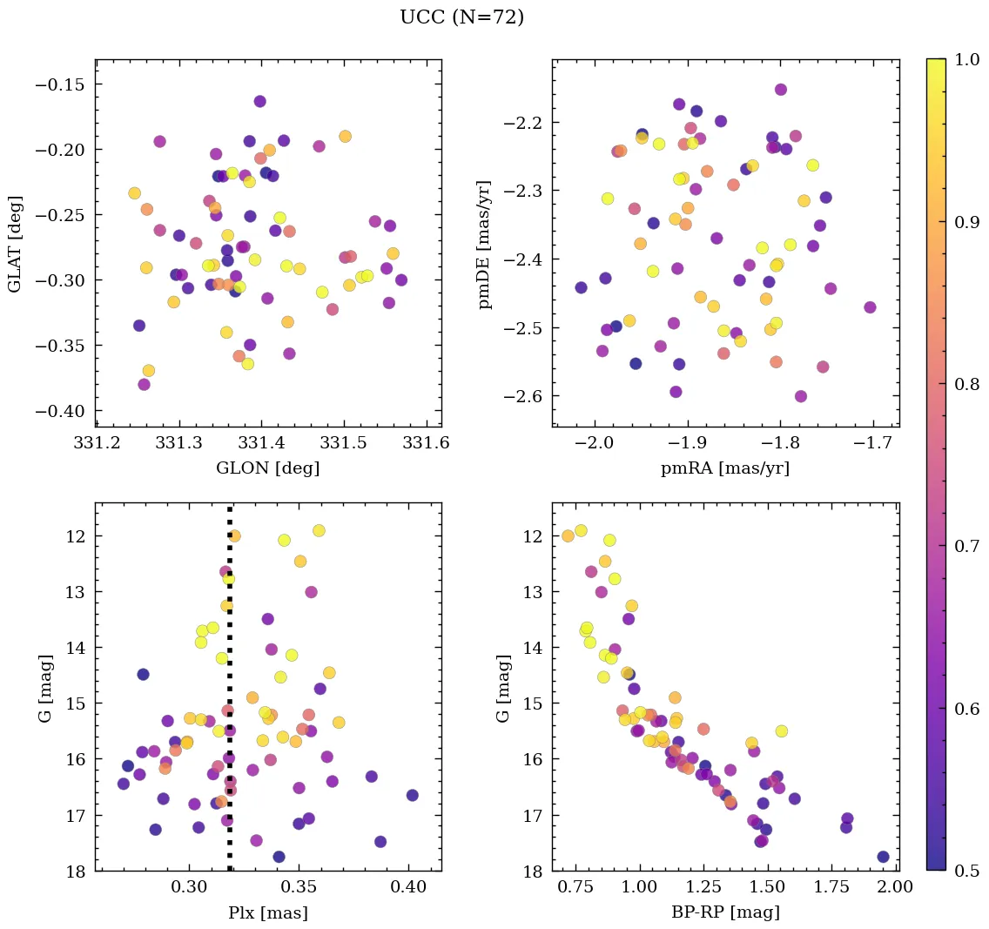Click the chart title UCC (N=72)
[461, 17]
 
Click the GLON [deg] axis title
[267, 468]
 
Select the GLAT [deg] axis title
[15, 244]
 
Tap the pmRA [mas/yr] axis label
[724, 468]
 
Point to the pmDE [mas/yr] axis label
[485, 245]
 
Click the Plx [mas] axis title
[267, 912]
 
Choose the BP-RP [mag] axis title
[724, 912]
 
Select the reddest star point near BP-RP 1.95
[883, 857]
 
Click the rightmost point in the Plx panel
[412, 795]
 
